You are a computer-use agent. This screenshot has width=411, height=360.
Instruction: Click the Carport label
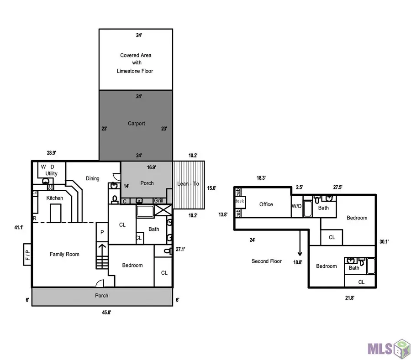tap(136, 123)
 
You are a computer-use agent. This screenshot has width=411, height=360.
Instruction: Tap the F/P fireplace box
tap(27, 254)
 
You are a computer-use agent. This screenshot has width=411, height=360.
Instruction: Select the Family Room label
tap(64, 254)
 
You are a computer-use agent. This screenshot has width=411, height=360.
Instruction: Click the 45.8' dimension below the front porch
tap(106, 312)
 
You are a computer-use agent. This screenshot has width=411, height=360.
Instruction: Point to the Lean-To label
tap(188, 183)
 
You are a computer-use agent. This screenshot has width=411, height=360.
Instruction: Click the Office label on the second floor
tap(266, 204)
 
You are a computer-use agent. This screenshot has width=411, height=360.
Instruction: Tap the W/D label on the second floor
tap(297, 206)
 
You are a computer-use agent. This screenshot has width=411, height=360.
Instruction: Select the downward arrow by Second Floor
tap(300, 243)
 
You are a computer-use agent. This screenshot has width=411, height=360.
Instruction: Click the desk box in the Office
tap(240, 202)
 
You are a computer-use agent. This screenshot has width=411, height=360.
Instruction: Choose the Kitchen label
tap(55, 198)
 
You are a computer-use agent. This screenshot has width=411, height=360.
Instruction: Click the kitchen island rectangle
tap(56, 213)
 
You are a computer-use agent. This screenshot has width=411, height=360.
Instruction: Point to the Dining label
tap(93, 178)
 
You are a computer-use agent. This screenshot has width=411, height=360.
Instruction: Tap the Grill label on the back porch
tap(158, 201)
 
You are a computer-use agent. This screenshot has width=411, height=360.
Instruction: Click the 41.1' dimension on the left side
tap(19, 227)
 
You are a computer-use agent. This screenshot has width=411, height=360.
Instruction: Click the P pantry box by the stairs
tap(102, 232)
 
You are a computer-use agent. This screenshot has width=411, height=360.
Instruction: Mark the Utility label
tap(51, 173)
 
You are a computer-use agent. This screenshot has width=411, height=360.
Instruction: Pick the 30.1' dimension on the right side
tap(384, 241)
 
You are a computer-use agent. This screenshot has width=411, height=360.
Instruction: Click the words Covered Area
tap(136, 55)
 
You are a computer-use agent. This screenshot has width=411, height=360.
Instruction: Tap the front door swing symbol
tap(100, 283)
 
